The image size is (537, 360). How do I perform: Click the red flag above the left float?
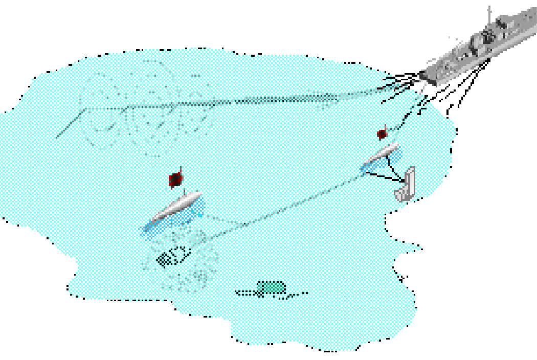pyautogui.click(x=175, y=179)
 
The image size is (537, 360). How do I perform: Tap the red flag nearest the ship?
pyautogui.click(x=382, y=133)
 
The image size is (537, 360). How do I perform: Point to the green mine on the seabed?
pyautogui.click(x=271, y=288)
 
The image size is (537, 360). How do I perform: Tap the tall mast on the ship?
pyautogui.click(x=490, y=15)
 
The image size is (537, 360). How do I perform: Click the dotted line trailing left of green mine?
pyautogui.click(x=245, y=293)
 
